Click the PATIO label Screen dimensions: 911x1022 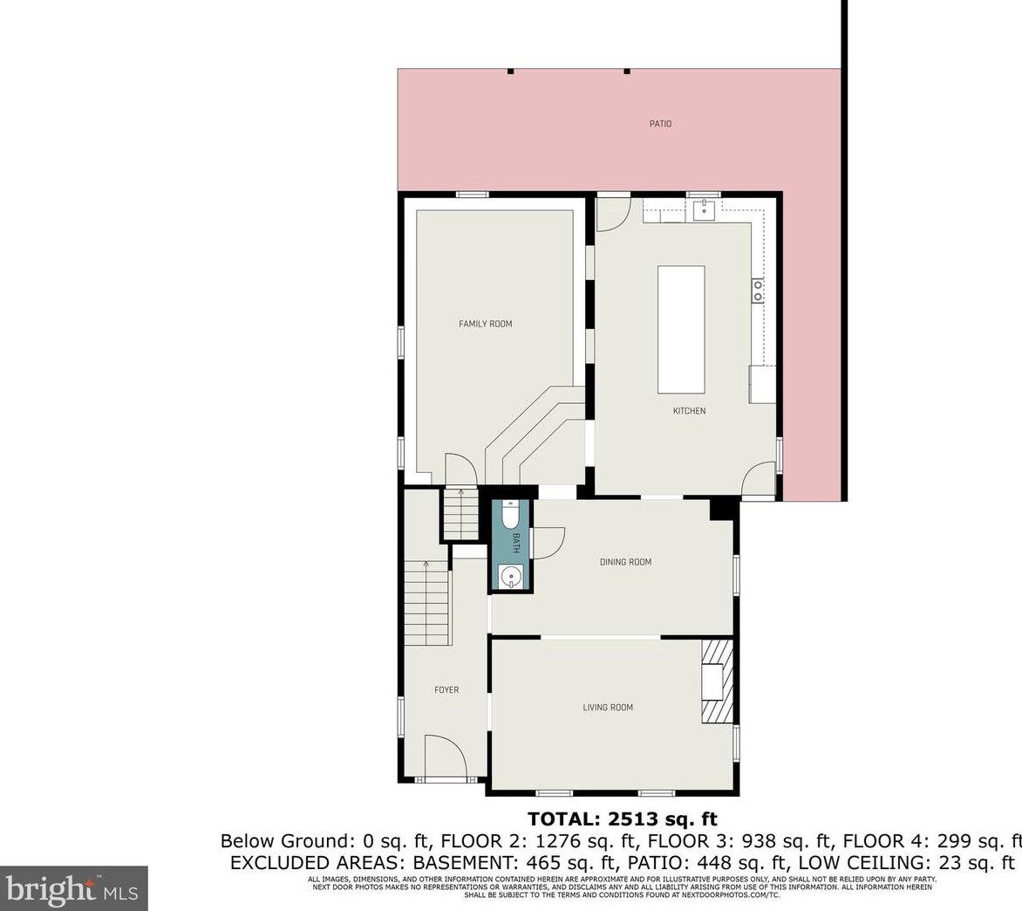(660, 124)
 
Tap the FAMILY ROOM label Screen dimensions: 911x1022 (486, 324)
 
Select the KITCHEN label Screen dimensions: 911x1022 (689, 411)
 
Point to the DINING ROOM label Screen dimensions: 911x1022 (625, 562)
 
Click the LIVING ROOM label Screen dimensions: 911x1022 (608, 708)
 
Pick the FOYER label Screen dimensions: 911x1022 (446, 690)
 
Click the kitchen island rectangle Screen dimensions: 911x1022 (681, 330)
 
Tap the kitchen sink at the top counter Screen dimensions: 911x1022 (704, 210)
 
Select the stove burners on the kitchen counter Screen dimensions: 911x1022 (758, 291)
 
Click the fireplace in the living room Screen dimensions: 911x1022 (713, 682)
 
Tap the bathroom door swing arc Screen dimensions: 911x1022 (547, 544)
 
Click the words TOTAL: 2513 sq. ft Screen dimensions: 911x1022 (622, 819)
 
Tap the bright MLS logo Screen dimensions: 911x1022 (73, 889)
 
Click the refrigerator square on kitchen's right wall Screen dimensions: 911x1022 (762, 385)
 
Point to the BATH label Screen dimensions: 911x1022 (516, 543)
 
